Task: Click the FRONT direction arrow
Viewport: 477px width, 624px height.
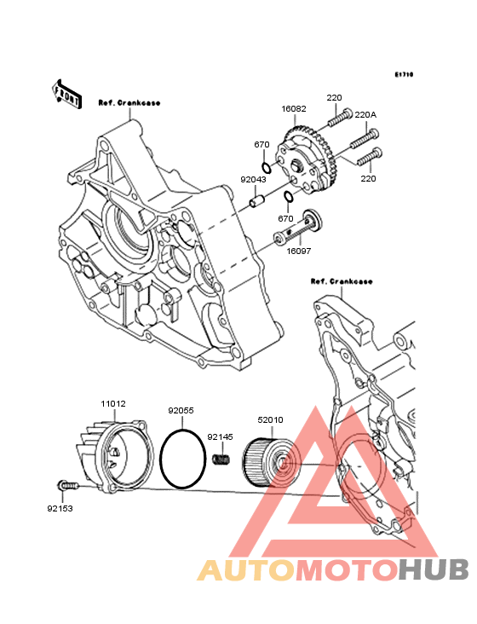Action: pyautogui.click(x=67, y=95)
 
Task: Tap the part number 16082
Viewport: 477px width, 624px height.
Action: pyautogui.click(x=294, y=108)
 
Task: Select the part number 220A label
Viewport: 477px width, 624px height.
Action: pyautogui.click(x=365, y=114)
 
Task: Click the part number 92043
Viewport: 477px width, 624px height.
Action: pyautogui.click(x=253, y=180)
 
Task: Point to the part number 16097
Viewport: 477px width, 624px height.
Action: pyautogui.click(x=299, y=251)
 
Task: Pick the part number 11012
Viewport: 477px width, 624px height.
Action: pyautogui.click(x=113, y=403)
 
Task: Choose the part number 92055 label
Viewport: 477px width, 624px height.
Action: pyautogui.click(x=181, y=410)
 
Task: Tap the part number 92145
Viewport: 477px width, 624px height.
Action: pyautogui.click(x=221, y=437)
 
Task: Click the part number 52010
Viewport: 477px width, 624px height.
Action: pyautogui.click(x=270, y=420)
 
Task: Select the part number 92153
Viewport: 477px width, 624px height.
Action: pyautogui.click(x=60, y=509)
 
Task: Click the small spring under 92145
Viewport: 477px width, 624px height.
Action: pyautogui.click(x=221, y=459)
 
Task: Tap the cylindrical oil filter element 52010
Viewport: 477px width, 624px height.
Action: pyautogui.click(x=272, y=462)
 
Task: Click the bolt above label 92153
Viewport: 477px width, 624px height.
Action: pyautogui.click(x=68, y=485)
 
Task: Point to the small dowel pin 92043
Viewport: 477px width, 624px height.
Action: pyautogui.click(x=256, y=199)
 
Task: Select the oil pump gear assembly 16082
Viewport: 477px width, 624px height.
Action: pyautogui.click(x=308, y=159)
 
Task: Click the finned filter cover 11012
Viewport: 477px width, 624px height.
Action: pyautogui.click(x=115, y=454)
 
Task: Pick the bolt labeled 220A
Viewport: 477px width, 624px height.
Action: pyautogui.click(x=365, y=138)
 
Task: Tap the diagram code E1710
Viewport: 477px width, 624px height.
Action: pyautogui.click(x=404, y=74)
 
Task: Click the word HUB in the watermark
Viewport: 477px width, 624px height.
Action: pyautogui.click(x=434, y=569)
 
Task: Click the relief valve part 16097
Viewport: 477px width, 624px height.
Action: pyautogui.click(x=298, y=227)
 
